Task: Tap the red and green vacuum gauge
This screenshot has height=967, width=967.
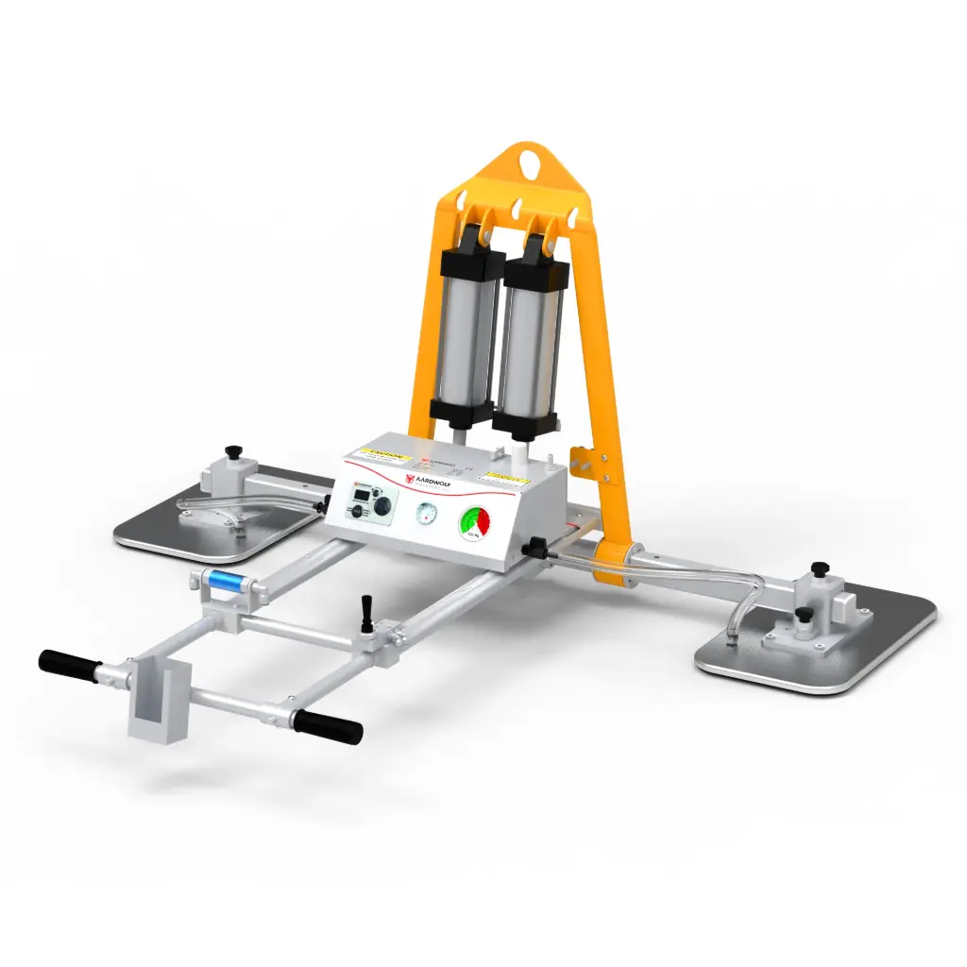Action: pyautogui.click(x=475, y=523)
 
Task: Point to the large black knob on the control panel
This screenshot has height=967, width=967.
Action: pyautogui.click(x=382, y=507)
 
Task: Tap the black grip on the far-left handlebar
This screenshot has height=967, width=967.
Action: pyautogui.click(x=69, y=664)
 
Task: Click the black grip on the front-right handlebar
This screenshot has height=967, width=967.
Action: pyautogui.click(x=327, y=726)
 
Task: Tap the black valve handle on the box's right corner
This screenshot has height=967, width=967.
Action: pyautogui.click(x=535, y=547)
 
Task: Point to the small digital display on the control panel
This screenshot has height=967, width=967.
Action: pyautogui.click(x=360, y=493)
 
